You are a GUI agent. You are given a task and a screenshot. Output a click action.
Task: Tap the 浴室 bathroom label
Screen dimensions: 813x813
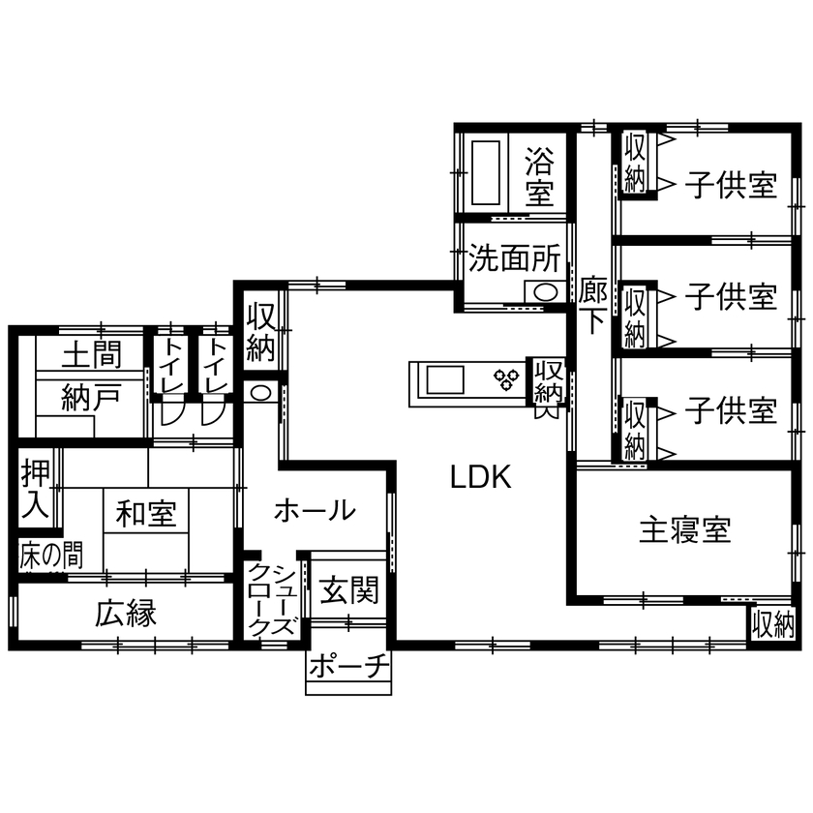pos(540,175)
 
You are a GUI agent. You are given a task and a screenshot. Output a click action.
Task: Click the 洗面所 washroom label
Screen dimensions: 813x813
pos(515,258)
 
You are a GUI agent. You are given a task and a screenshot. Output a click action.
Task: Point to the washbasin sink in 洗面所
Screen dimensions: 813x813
pos(545,292)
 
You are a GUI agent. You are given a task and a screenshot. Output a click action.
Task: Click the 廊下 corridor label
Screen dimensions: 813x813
pos(592,304)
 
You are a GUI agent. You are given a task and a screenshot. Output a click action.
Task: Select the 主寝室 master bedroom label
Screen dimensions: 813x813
pos(684,529)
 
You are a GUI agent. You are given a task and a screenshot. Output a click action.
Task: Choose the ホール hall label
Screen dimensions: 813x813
pos(314,509)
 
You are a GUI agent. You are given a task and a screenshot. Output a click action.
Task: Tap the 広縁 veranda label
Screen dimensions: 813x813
pos(126,614)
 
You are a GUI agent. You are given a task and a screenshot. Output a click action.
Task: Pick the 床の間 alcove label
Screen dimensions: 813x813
pos(50,555)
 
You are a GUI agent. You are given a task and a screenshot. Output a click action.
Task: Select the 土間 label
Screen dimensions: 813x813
pos(92,355)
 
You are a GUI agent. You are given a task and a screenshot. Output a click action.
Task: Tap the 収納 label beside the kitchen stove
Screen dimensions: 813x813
pos(549,381)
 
